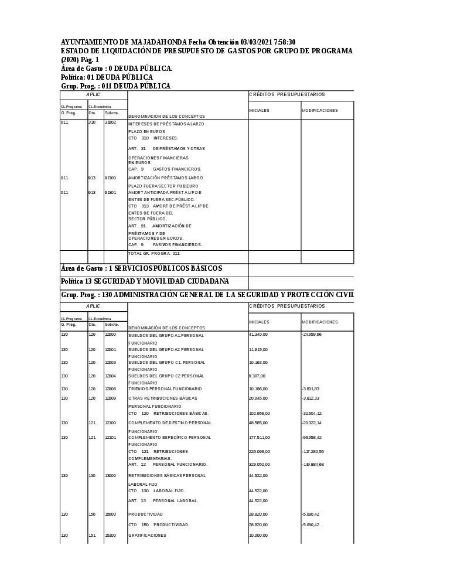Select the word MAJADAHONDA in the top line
pyautogui.click(x=157, y=42)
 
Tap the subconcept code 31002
pyautogui.click(x=111, y=122)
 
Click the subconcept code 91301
pyautogui.click(x=111, y=192)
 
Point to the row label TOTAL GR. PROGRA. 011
pyautogui.click(x=154, y=253)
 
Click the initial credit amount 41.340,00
pyautogui.click(x=258, y=334)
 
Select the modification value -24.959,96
pyautogui.click(x=312, y=334)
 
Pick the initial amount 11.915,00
pyautogui.click(x=258, y=349)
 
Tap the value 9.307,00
pyautogui.click(x=257, y=376)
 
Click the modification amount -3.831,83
pyautogui.click(x=311, y=389)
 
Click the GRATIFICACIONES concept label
pyautogui.click(x=147, y=535)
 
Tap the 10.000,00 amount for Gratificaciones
pyautogui.click(x=258, y=535)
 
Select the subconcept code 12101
pyautogui.click(x=111, y=437)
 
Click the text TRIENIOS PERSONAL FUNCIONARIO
pyautogui.click(x=165, y=389)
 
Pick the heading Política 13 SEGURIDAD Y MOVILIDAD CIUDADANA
pyautogui.click(x=145, y=281)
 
